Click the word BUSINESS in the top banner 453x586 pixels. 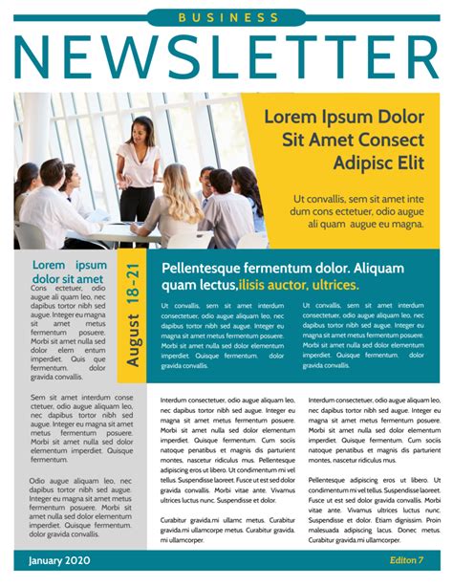226,17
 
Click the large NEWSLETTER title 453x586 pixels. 226,56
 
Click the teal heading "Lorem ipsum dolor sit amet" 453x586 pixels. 69,271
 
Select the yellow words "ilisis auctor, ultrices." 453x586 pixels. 299,285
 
